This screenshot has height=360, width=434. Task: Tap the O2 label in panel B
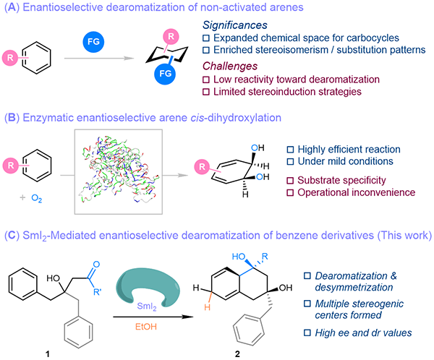pos(40,194)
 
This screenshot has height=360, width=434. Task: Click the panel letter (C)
pos(11,233)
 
